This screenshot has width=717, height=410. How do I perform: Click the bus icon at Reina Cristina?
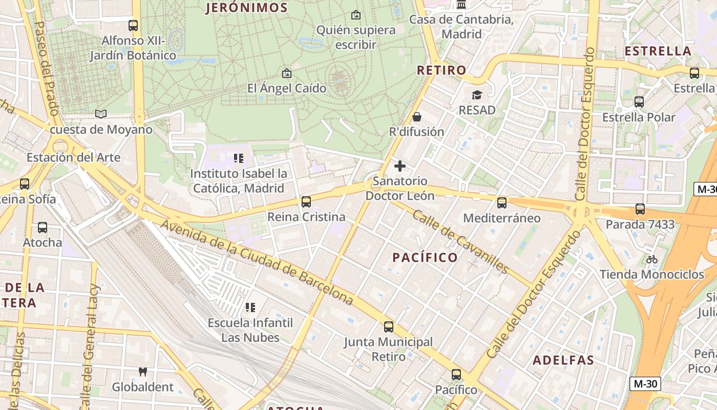(306, 202)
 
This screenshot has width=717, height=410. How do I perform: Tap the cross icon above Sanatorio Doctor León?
(400, 166)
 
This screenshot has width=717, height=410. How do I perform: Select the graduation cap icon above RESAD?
(477, 95)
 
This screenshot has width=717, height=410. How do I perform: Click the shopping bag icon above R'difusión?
(417, 117)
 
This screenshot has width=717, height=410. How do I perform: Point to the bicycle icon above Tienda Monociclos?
(651, 259)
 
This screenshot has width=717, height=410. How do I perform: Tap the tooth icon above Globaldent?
(143, 372)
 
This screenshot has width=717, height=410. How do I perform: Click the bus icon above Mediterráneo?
(501, 203)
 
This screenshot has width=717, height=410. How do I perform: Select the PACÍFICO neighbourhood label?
(425, 257)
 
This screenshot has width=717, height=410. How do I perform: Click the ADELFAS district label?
(563, 360)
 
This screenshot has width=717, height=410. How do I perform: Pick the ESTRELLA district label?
(658, 51)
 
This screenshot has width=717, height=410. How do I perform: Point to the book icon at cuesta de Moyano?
(101, 114)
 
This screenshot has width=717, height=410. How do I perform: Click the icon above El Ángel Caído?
(287, 73)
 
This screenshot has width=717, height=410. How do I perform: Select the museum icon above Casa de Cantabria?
(461, 5)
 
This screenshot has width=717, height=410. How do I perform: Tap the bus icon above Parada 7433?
(640, 209)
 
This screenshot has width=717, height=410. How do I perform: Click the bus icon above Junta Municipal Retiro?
(388, 327)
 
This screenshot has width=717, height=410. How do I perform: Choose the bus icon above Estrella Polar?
(639, 102)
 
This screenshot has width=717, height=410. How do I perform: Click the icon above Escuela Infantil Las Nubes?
(250, 307)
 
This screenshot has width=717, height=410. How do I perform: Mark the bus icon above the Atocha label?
(43, 228)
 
